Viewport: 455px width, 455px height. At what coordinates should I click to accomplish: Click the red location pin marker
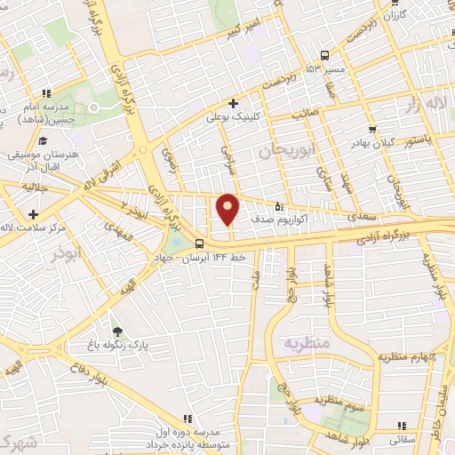pos(227,210)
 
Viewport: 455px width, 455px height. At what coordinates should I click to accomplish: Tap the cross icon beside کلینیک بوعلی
pos(233,102)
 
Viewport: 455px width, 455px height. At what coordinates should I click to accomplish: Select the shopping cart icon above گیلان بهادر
pos(371,130)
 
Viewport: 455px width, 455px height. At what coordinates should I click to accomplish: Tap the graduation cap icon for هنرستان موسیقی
pos(42,140)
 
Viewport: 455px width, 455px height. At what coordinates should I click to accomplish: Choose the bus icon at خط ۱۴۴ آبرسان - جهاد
pos(198,242)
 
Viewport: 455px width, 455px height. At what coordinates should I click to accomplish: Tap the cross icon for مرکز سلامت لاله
pos(33,214)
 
